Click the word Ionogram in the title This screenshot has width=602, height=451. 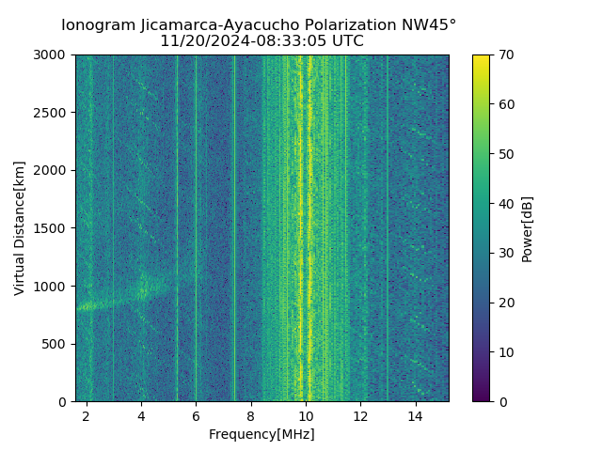click(x=98, y=25)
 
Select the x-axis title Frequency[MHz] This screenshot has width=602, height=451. click(x=261, y=434)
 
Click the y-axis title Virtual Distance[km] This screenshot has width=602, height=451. click(x=20, y=228)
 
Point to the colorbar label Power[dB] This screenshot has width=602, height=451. click(x=527, y=228)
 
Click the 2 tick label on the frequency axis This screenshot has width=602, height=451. click(x=87, y=415)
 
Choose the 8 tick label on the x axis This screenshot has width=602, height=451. click(x=251, y=415)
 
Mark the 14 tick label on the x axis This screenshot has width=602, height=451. click(x=415, y=415)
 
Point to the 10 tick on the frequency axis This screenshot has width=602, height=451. click(x=306, y=415)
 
